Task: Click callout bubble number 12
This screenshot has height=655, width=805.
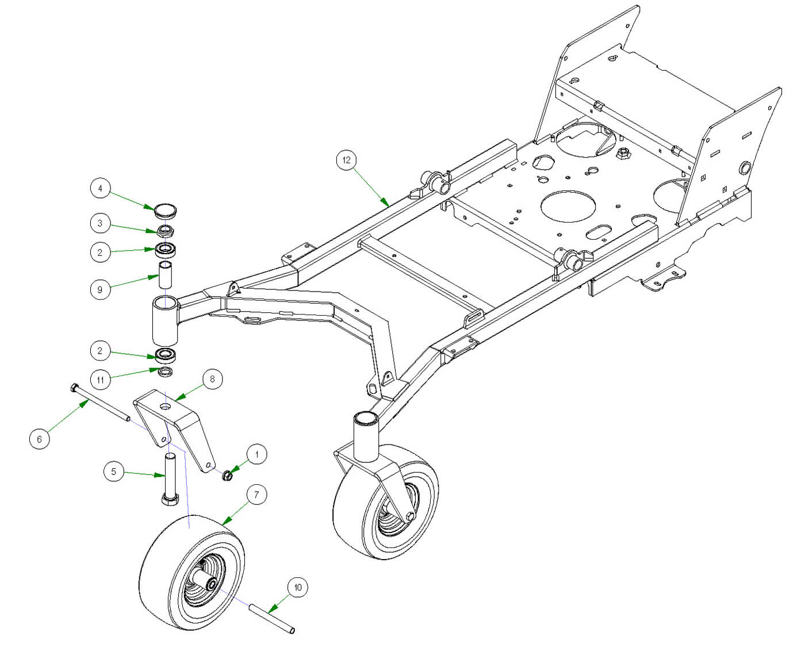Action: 346,160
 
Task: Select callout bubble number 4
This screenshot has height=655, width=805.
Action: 100,188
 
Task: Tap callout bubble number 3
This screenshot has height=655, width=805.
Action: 100,223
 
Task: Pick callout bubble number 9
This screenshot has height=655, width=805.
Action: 100,289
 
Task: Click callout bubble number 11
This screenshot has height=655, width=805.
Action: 100,380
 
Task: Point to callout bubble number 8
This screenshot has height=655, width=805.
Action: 212,378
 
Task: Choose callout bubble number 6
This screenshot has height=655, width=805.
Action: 39,439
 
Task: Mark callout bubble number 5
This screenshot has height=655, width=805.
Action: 113,472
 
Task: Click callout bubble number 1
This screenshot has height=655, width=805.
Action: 256,454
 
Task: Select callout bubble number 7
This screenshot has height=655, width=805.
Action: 256,495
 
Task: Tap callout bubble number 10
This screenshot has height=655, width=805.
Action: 297,587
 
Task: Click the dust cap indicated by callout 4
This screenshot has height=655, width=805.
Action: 166,209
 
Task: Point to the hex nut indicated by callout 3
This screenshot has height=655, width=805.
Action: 166,232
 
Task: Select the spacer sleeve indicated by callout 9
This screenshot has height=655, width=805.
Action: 166,274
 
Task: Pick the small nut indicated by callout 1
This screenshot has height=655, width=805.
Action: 227,476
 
